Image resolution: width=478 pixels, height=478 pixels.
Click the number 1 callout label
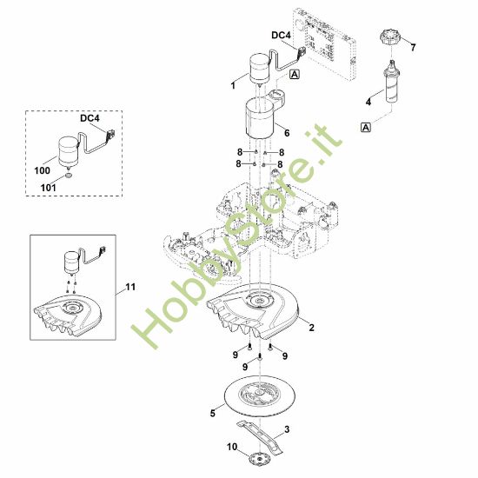pos(233,86)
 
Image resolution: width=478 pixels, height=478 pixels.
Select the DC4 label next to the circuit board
pos(281,36)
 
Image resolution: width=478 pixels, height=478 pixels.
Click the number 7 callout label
pos(414,47)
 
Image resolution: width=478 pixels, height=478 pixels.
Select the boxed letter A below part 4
pos(366,127)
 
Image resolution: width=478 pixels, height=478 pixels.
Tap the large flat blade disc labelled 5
pos(261,395)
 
